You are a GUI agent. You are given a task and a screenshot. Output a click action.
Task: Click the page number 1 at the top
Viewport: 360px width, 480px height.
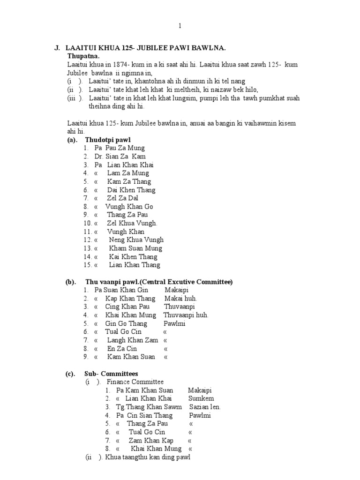tap(180, 26)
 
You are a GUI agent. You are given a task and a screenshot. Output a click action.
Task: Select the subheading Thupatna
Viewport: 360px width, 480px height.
tap(82, 56)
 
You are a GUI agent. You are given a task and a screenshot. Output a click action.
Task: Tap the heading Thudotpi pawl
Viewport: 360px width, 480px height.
tap(108, 140)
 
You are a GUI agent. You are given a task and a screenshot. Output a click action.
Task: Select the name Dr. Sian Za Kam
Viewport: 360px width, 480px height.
tap(120, 157)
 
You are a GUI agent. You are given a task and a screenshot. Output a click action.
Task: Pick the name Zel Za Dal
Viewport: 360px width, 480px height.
tap(122, 198)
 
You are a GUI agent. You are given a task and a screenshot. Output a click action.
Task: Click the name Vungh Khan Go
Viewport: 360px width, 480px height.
tap(129, 207)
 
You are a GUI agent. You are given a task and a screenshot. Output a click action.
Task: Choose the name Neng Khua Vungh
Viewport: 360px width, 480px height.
tap(136, 240)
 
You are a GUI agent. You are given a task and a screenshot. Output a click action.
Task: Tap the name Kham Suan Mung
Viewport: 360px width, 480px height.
tap(136, 248)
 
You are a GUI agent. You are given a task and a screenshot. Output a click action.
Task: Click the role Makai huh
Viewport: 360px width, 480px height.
tap(181, 299)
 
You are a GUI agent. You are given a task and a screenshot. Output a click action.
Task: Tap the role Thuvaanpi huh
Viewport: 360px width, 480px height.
tap(186, 315)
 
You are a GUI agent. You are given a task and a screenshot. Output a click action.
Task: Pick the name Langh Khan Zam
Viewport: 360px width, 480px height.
tap(133, 340)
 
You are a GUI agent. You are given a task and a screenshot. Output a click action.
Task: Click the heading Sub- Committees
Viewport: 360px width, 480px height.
tap(111, 374)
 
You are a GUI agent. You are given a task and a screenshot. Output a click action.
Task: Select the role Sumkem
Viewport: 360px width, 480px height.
tap(198, 399)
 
